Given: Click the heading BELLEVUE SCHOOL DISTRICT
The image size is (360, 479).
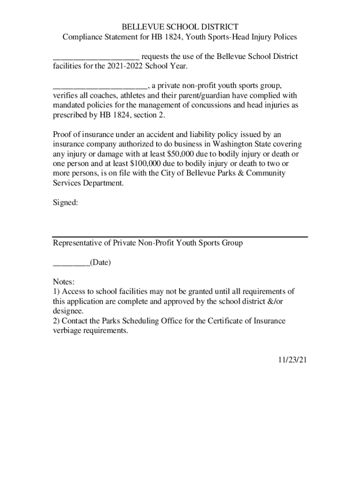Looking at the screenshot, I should point(180,27).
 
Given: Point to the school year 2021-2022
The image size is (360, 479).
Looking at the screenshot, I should point(125,66).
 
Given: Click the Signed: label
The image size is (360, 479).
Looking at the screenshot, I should point(65,203).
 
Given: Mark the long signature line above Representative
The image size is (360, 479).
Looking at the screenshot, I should point(180,237).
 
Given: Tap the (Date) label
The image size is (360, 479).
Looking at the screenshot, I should point(101,262).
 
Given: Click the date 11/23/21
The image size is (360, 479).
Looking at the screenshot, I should point(290,360).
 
